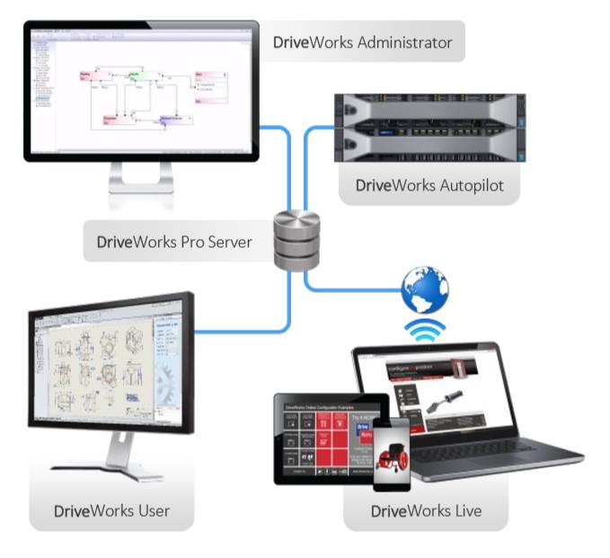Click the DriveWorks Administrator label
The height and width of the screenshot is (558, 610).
tap(363, 41)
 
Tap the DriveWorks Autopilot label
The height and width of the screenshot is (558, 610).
tap(428, 186)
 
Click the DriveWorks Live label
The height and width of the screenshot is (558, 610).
tap(426, 511)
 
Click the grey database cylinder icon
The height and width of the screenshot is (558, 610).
tap(296, 239)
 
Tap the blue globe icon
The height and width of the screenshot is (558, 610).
tap(425, 289)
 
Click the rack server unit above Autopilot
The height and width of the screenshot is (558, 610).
tap(429, 128)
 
